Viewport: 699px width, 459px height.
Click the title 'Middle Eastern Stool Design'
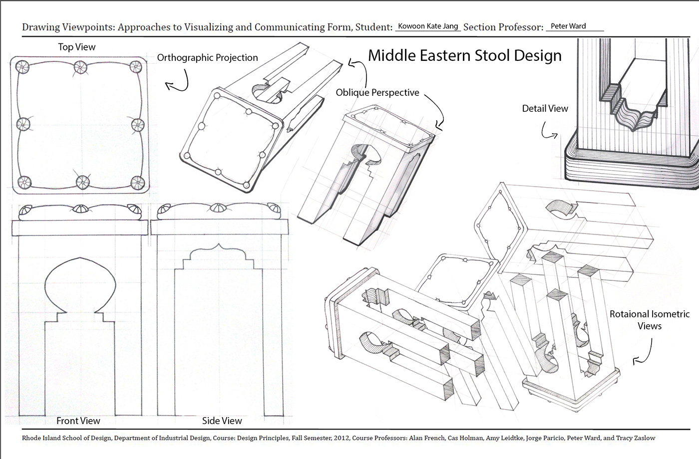464,55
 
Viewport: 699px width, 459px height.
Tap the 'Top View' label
76,47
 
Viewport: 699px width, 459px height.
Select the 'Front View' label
78,421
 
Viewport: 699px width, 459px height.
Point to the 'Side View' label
222,421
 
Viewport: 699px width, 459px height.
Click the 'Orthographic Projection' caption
207,58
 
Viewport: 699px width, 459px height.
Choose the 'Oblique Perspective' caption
377,92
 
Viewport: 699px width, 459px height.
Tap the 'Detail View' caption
545,108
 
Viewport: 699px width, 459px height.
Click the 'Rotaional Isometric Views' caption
649,320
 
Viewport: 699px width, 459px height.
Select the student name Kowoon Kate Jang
428,26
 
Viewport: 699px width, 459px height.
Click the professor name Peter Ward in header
568,26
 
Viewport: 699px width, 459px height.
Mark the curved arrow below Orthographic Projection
178,82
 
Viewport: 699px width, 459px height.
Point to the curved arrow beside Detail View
549,131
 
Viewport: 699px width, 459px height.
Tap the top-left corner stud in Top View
22,66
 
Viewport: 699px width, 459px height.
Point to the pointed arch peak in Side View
218,245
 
